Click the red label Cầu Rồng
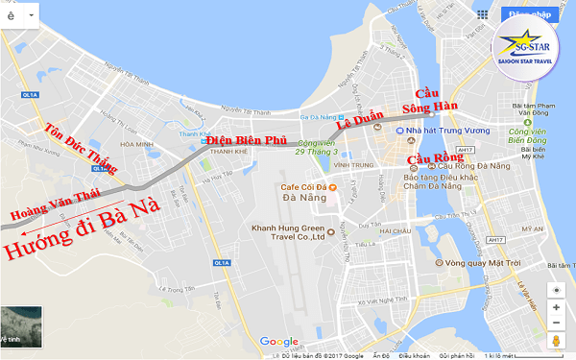[x=428, y=158]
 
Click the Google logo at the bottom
[x=279, y=342]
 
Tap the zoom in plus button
[x=556, y=307]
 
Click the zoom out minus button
[x=556, y=323]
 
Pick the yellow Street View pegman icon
[x=556, y=342]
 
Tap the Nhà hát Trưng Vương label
[x=443, y=130]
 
